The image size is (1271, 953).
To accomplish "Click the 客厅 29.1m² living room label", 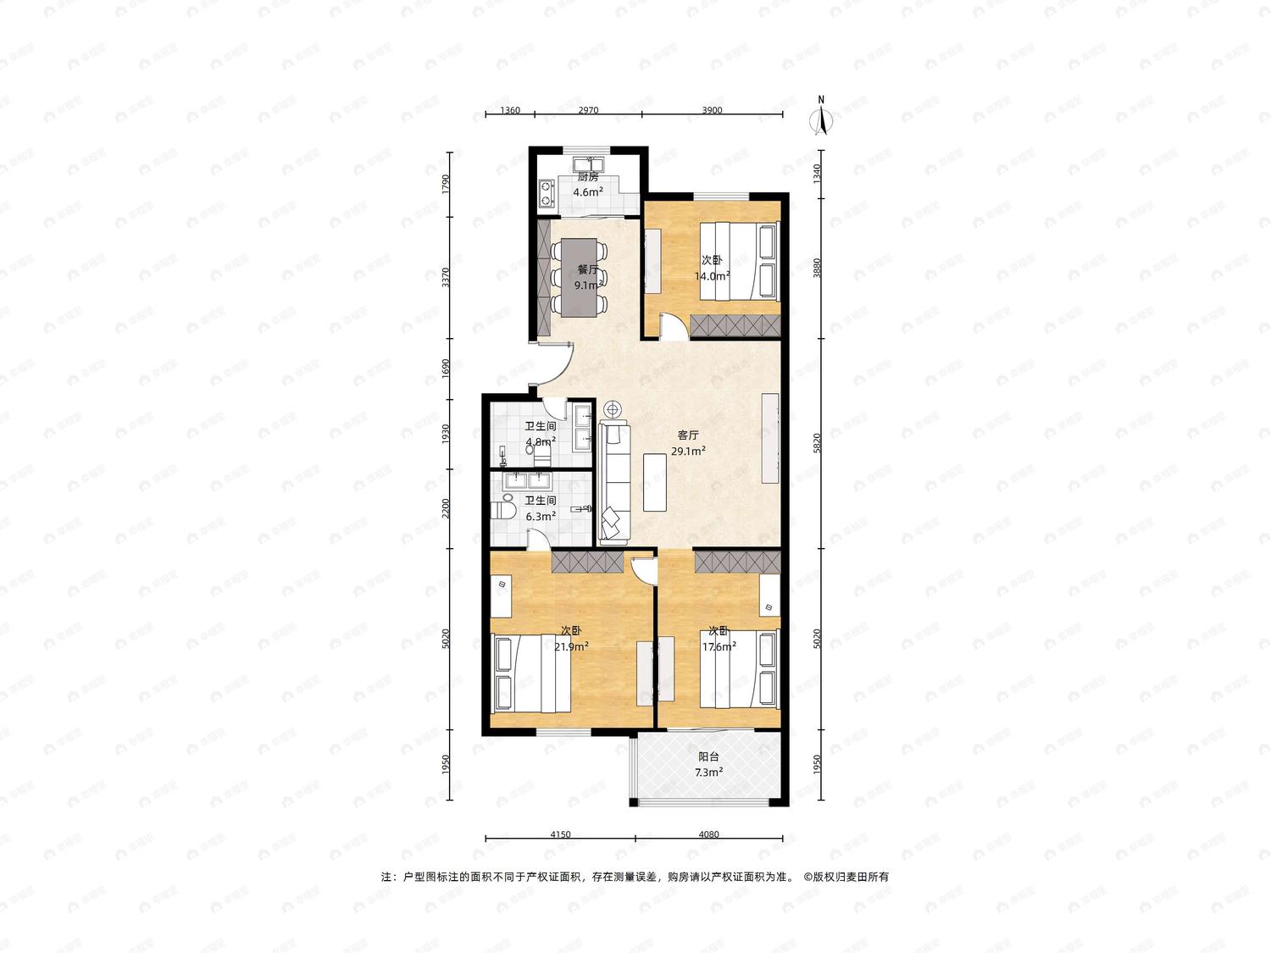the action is tap(688, 443).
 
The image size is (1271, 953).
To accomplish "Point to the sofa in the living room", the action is tap(613, 483).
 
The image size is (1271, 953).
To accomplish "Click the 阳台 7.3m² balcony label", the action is tap(708, 764).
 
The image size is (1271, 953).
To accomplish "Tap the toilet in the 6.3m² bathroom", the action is tap(502, 510).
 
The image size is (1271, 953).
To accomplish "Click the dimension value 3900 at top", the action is tap(712, 110).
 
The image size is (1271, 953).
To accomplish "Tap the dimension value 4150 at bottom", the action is tap(560, 834).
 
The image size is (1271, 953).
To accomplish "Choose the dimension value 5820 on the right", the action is tap(817, 443).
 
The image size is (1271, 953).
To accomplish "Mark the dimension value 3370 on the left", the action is tap(446, 278).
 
